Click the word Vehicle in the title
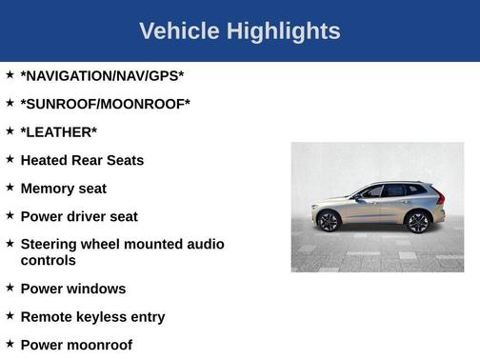pyautogui.click(x=179, y=31)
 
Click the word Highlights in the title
pyautogui.click(x=283, y=31)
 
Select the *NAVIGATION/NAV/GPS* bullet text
pyautogui.click(x=102, y=74)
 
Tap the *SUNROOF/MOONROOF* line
pyautogui.click(x=105, y=103)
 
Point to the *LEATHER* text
pyautogui.click(x=58, y=131)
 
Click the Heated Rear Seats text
pyautogui.click(x=82, y=160)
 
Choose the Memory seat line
pyautogui.click(x=63, y=189)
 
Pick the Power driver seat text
pyautogui.click(x=79, y=216)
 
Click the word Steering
pyautogui.click(x=52, y=245)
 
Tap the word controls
pyautogui.click(x=48, y=260)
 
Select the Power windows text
pyautogui.click(x=72, y=289)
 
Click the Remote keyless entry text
pyautogui.click(x=92, y=316)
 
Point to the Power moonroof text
pyautogui.click(x=76, y=345)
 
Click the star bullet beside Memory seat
pyautogui.click(x=10, y=187)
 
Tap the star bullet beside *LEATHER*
pyautogui.click(x=10, y=130)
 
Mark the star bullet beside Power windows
pyautogui.click(x=10, y=287)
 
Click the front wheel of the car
pyautogui.click(x=330, y=222)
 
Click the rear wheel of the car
pyautogui.click(x=417, y=222)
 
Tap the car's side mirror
pyautogui.click(x=358, y=196)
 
